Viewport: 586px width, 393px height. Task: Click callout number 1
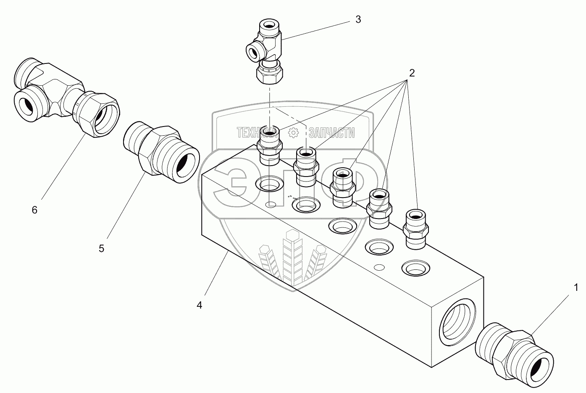pyautogui.click(x=576, y=288)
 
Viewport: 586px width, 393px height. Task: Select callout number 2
pyautogui.click(x=412, y=73)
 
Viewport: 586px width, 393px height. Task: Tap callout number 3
pyautogui.click(x=358, y=19)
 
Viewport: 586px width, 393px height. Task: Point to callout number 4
pyautogui.click(x=199, y=305)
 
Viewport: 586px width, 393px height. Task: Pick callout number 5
pyautogui.click(x=101, y=248)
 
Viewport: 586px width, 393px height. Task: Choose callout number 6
pyautogui.click(x=34, y=210)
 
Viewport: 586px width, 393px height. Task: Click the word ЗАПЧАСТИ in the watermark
pyautogui.click(x=331, y=133)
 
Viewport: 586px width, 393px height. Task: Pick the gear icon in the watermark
pyautogui.click(x=293, y=133)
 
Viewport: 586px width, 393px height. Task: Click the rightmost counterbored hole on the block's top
pyautogui.click(x=415, y=268)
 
